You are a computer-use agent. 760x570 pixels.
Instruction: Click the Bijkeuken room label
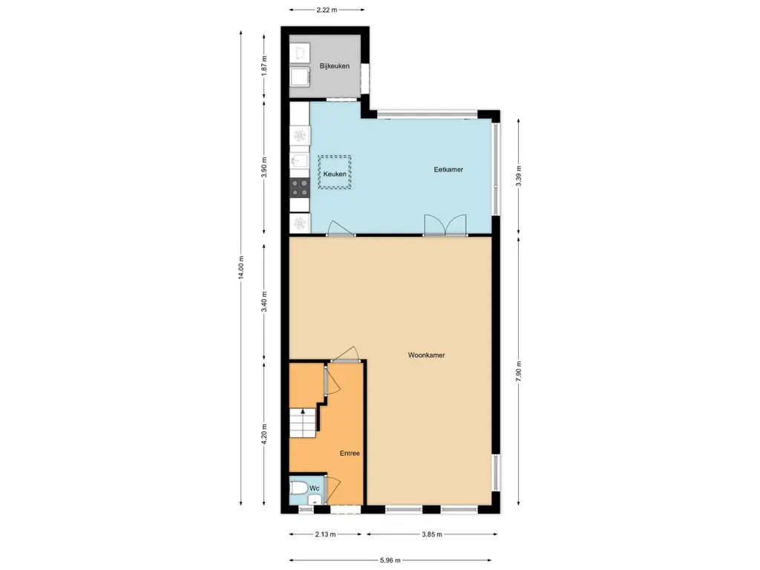click(335, 66)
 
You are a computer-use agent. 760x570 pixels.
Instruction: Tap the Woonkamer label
click(427, 356)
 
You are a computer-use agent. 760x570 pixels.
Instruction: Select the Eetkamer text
click(448, 170)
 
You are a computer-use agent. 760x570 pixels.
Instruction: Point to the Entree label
click(350, 453)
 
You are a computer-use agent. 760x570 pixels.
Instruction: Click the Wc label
click(315, 488)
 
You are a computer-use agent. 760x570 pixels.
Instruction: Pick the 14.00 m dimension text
click(241, 267)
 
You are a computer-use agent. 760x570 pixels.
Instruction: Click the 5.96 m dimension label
click(390, 560)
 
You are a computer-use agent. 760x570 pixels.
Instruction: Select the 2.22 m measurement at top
click(327, 10)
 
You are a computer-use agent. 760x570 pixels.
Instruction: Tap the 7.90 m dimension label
click(519, 371)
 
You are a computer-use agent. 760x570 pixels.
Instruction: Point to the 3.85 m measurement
click(431, 534)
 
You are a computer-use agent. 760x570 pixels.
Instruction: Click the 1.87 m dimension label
click(264, 66)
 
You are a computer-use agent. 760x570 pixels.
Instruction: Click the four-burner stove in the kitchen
click(300, 188)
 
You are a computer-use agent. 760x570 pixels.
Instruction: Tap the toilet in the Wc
click(298, 488)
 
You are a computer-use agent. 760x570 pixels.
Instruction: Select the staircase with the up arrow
click(303, 422)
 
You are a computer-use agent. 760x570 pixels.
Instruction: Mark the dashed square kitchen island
click(335, 172)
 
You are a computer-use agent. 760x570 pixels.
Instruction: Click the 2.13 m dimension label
click(325, 534)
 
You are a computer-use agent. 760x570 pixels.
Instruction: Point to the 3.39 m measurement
click(519, 176)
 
